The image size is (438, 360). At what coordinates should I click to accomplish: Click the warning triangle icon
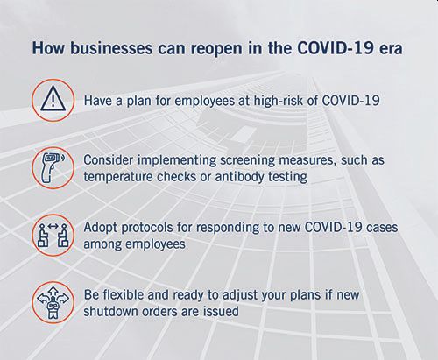[x=53, y=100]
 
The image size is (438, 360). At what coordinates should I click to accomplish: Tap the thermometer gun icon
[x=53, y=168]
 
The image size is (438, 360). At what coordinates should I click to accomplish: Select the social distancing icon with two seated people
[x=53, y=235]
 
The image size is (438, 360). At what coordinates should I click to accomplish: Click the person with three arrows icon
[x=53, y=302]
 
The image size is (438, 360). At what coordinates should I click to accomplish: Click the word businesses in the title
[x=111, y=48]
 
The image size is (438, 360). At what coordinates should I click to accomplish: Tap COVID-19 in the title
[x=335, y=48]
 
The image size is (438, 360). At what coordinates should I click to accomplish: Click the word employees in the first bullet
[x=204, y=102]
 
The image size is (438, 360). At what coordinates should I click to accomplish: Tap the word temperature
[x=118, y=177]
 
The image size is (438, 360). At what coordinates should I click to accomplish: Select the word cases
[x=382, y=228]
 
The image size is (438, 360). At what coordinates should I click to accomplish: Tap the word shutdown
[x=110, y=311]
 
